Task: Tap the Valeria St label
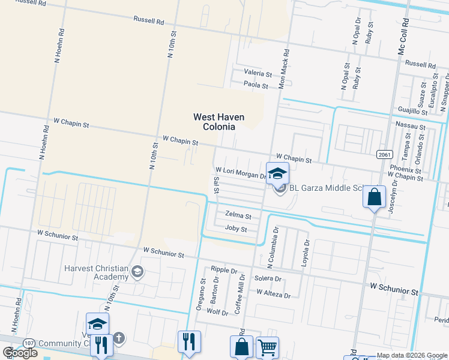pos(258,73)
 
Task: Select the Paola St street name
pos(255,85)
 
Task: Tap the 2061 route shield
pos(385,155)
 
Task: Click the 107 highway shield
pos(28,342)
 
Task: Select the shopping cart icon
pos(267,347)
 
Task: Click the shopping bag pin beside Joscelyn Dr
pos(374,197)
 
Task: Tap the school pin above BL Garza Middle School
pos(277,173)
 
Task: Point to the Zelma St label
pos(238,214)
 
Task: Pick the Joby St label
pos(236,229)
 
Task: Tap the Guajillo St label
pos(412,110)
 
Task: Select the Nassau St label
pos(411,127)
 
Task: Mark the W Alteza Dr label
pos(273,295)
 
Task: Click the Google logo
pos(20,352)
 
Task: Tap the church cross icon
pos(119,339)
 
